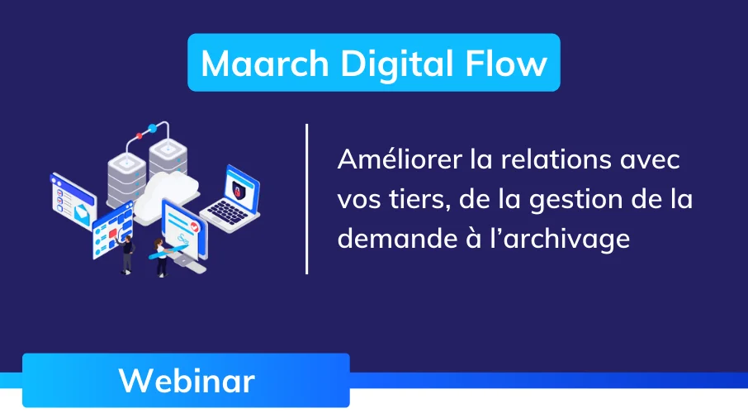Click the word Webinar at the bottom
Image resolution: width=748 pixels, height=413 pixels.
point(186,381)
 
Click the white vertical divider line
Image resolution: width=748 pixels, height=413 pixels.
point(307,198)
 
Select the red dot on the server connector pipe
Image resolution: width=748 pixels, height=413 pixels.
point(151,130)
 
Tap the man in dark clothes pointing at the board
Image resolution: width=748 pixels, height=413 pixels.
point(127,253)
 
